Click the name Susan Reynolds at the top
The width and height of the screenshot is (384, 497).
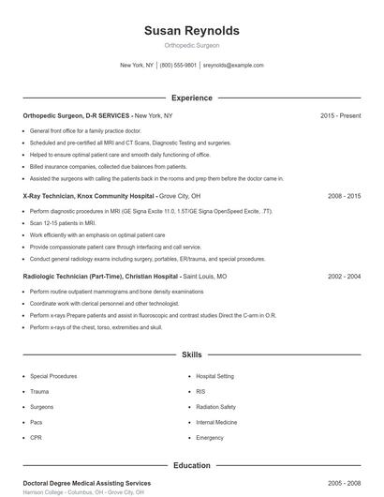(x=191, y=31)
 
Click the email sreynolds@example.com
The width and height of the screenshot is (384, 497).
(x=233, y=66)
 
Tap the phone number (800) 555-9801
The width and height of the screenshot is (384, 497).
(x=178, y=66)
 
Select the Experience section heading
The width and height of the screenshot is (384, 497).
(x=191, y=98)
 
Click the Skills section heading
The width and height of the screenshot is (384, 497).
(x=191, y=355)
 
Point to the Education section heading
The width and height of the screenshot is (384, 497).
(x=191, y=465)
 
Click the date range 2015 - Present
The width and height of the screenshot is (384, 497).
(x=340, y=115)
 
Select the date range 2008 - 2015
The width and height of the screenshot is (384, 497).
(x=344, y=197)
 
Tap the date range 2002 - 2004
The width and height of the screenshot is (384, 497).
(x=344, y=278)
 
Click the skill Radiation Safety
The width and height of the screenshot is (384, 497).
(x=215, y=407)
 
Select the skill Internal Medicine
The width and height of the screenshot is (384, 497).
(x=216, y=422)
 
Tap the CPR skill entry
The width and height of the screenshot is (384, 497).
(x=36, y=438)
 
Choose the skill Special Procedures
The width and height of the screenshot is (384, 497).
(x=53, y=376)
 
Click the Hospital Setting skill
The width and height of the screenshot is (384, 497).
(x=215, y=376)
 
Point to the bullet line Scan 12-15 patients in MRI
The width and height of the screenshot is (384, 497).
(x=63, y=224)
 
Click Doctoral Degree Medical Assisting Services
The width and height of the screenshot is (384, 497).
(x=86, y=482)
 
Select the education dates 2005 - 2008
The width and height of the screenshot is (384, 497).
(x=344, y=482)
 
